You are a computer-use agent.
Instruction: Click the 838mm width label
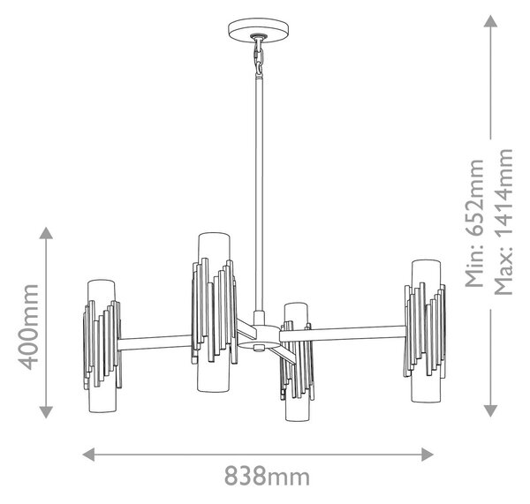click(x=267, y=476)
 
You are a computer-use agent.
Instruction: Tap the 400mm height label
click(x=28, y=327)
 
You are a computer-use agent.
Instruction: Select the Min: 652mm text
click(x=474, y=223)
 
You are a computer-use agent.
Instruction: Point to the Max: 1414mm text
click(x=503, y=222)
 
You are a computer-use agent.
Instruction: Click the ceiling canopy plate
click(x=259, y=30)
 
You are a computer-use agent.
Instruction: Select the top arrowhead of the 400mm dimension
click(x=46, y=233)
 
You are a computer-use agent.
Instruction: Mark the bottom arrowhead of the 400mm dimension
click(x=46, y=412)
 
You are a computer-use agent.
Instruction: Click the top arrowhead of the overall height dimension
click(x=490, y=21)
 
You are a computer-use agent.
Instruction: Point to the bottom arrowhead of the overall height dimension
click(x=490, y=410)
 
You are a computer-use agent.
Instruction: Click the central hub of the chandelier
click(x=259, y=337)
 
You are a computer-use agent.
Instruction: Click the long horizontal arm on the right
click(x=343, y=334)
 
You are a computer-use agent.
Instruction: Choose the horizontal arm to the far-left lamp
click(x=155, y=342)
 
